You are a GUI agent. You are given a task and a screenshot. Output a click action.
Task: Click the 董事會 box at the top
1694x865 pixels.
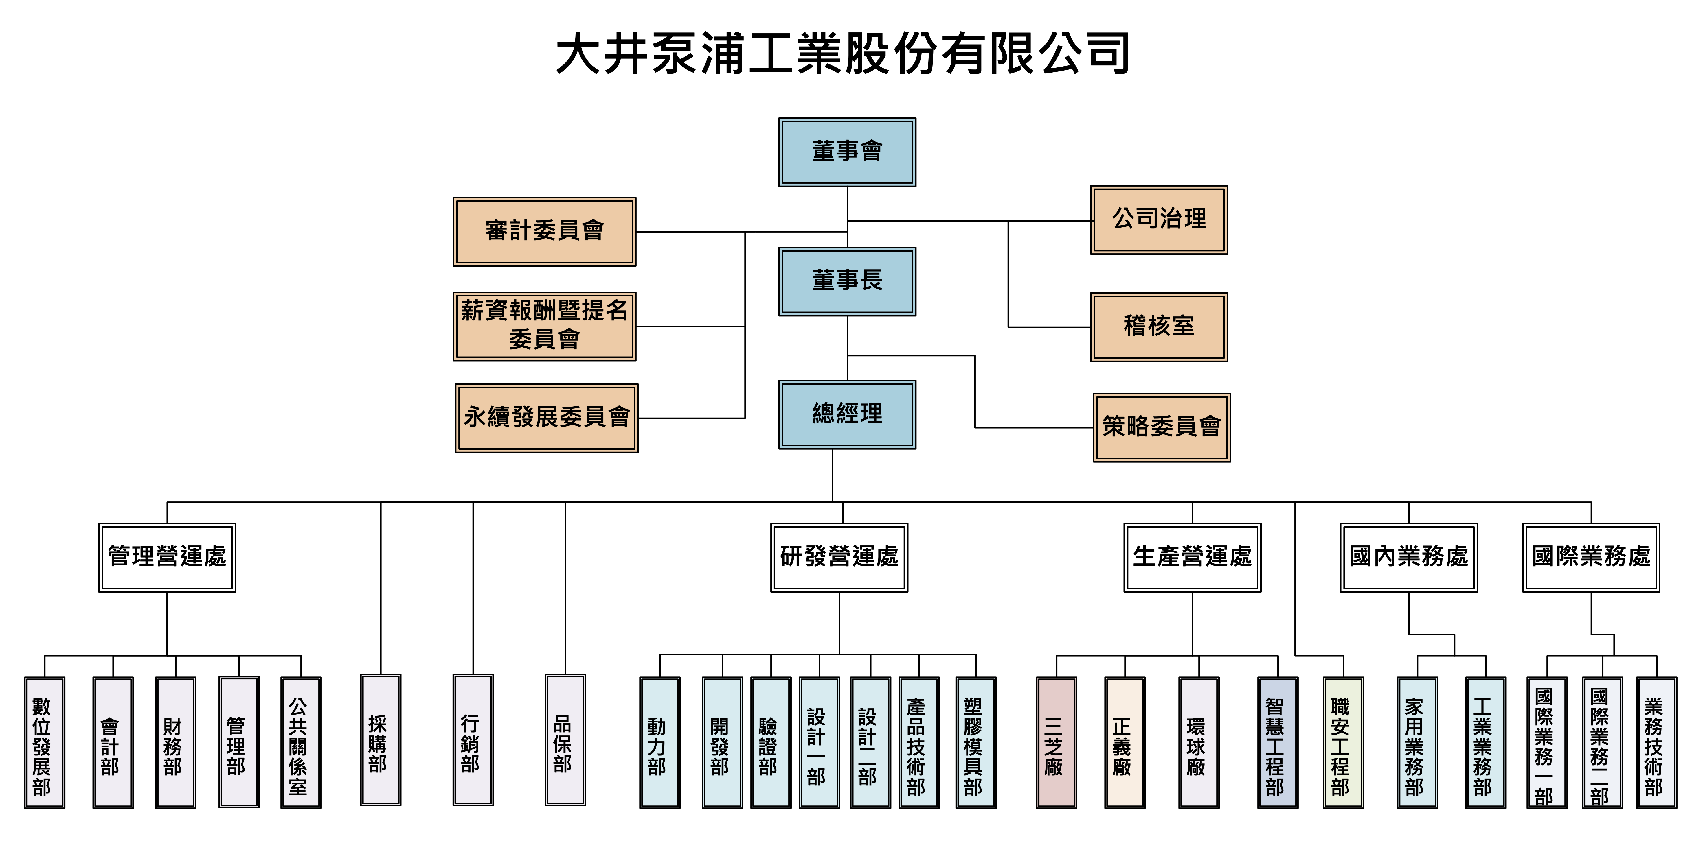(x=847, y=152)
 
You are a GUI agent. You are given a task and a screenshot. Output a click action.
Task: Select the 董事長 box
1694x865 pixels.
(x=847, y=281)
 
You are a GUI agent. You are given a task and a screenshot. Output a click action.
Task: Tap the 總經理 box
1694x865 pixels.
(x=847, y=414)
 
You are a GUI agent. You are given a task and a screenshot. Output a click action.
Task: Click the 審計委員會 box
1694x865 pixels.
(x=545, y=231)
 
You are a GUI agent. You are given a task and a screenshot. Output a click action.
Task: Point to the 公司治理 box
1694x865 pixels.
(x=1159, y=220)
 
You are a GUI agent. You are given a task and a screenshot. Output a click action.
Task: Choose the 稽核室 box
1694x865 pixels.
(x=1159, y=327)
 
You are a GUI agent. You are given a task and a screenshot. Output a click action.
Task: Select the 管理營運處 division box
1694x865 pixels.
(x=167, y=557)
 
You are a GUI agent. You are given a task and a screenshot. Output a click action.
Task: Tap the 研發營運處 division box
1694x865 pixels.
(x=839, y=557)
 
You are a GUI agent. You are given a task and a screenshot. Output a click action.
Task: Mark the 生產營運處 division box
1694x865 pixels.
(x=1192, y=557)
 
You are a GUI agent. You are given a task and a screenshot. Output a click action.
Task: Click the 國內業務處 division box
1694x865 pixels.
(x=1409, y=557)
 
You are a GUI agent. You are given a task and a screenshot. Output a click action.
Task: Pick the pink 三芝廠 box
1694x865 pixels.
(x=1056, y=743)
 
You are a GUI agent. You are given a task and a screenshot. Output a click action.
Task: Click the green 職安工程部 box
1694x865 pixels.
(x=1343, y=743)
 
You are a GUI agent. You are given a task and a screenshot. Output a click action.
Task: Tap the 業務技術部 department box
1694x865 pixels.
(x=1656, y=743)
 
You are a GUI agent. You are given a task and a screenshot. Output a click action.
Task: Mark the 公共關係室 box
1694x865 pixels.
(x=301, y=743)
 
